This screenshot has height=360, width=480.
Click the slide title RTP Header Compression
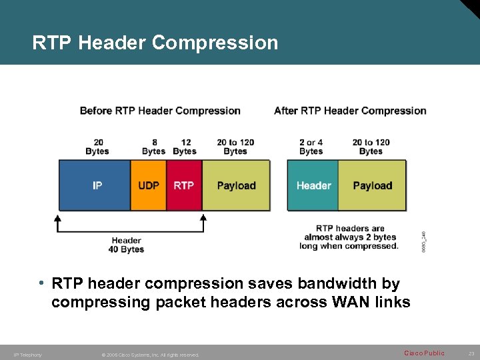click(155, 43)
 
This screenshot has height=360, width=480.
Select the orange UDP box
click(148, 185)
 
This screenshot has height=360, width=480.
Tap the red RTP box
click(184, 185)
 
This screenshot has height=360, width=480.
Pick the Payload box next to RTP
click(236, 185)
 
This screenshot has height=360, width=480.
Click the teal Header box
click(313, 185)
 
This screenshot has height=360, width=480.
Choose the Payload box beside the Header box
click(372, 185)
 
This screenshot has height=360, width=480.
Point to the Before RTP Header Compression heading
click(160, 111)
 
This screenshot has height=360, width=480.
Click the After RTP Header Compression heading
click(350, 111)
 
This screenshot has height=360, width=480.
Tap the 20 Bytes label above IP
click(97, 147)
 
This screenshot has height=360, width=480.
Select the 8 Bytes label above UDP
click(154, 147)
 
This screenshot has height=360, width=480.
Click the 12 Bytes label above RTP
click(185, 147)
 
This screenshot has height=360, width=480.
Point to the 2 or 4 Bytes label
click(311, 147)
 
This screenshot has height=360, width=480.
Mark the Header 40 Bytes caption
click(126, 245)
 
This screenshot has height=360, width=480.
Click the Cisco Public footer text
click(424, 353)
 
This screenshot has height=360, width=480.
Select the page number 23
click(471, 353)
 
